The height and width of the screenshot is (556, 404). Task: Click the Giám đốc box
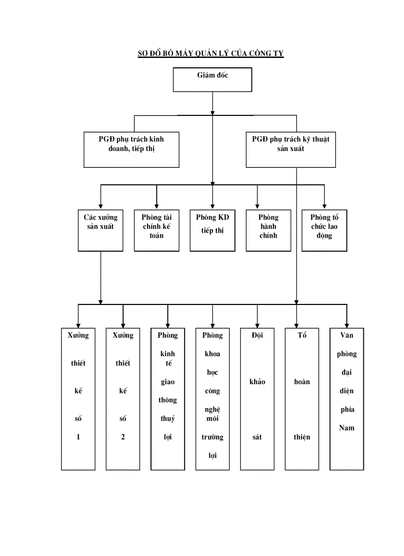coord(212,79)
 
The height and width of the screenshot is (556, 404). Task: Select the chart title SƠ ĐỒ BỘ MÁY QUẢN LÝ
coord(210,53)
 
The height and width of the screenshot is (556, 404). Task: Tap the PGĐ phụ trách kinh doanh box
coord(131,149)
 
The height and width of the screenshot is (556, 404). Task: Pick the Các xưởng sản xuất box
coord(101,230)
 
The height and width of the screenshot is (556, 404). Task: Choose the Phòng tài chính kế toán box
coord(156,230)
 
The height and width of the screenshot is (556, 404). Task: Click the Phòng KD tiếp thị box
coord(212,230)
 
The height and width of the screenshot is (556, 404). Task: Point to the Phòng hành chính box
coord(268,230)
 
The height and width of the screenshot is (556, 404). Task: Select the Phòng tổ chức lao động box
coord(324,230)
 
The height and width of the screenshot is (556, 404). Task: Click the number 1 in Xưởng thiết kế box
coord(78,437)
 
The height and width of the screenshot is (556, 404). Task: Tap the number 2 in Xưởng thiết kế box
coord(123,437)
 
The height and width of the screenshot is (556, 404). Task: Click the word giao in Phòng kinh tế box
coord(168,382)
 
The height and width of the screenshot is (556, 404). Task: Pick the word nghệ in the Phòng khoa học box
coord(212,409)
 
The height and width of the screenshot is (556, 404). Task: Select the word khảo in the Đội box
coord(257,382)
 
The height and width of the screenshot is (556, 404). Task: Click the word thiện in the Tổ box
coord(302,437)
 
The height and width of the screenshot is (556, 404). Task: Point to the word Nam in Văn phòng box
coord(347,428)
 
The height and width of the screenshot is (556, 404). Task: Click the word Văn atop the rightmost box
coord(347,335)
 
